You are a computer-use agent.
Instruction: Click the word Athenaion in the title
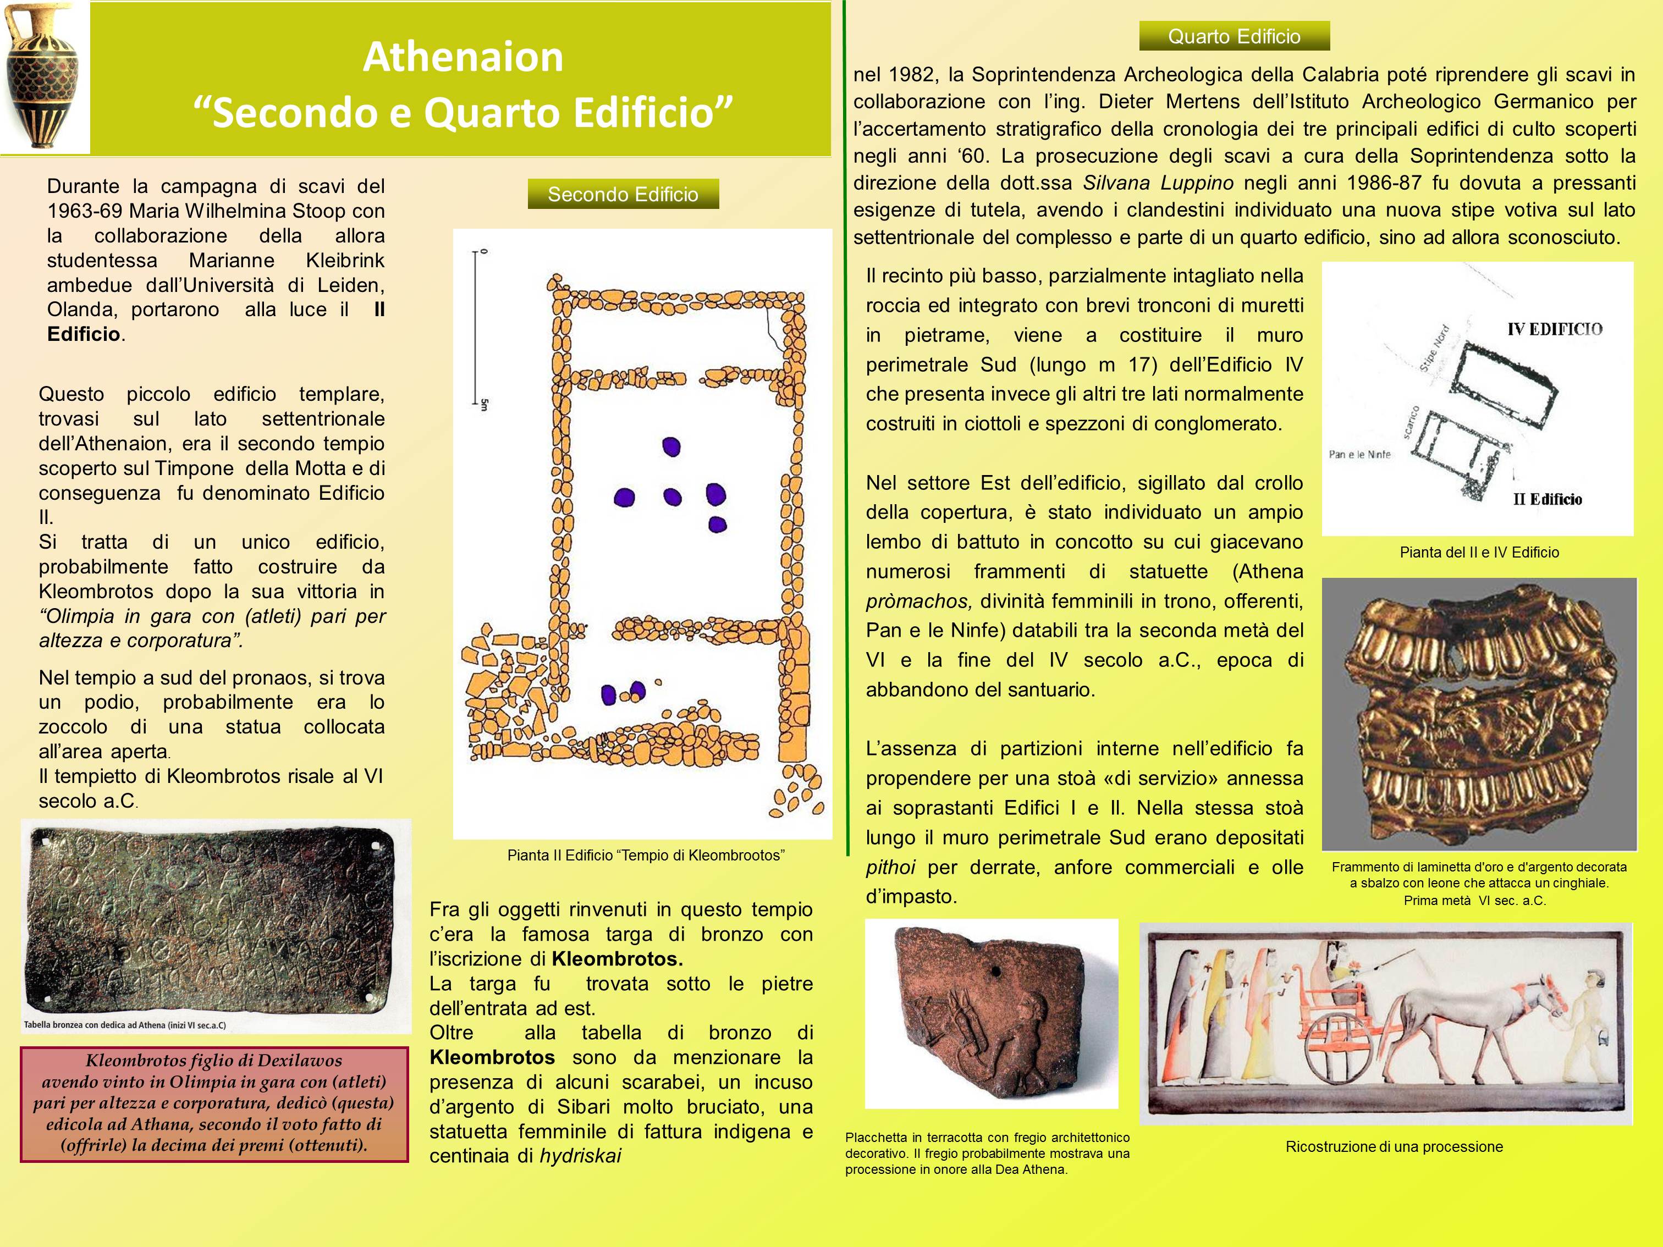[462, 57]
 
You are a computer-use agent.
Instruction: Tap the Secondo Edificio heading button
[623, 195]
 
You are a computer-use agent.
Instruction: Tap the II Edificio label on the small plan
[1547, 499]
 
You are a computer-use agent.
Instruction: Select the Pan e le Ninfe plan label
[1359, 454]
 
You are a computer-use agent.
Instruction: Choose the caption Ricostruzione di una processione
[1394, 1147]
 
